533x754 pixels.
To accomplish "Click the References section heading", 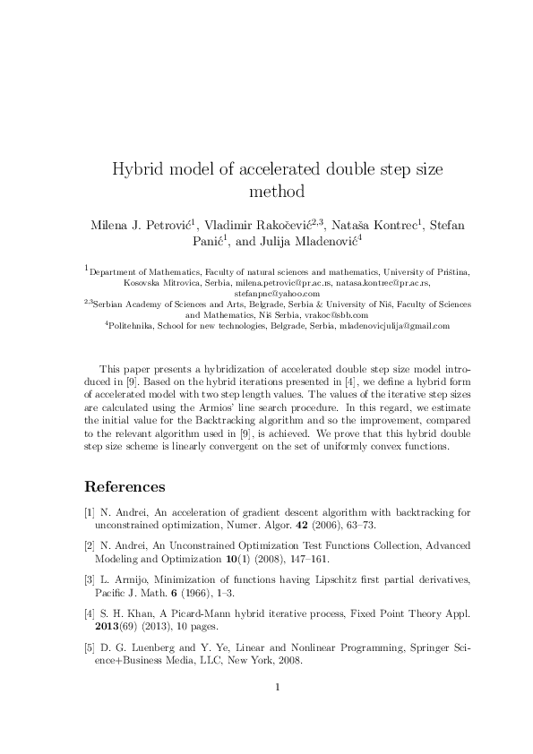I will (125, 487).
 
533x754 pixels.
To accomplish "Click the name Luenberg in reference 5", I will (150, 646).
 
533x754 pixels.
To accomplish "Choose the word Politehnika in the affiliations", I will (131, 326).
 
